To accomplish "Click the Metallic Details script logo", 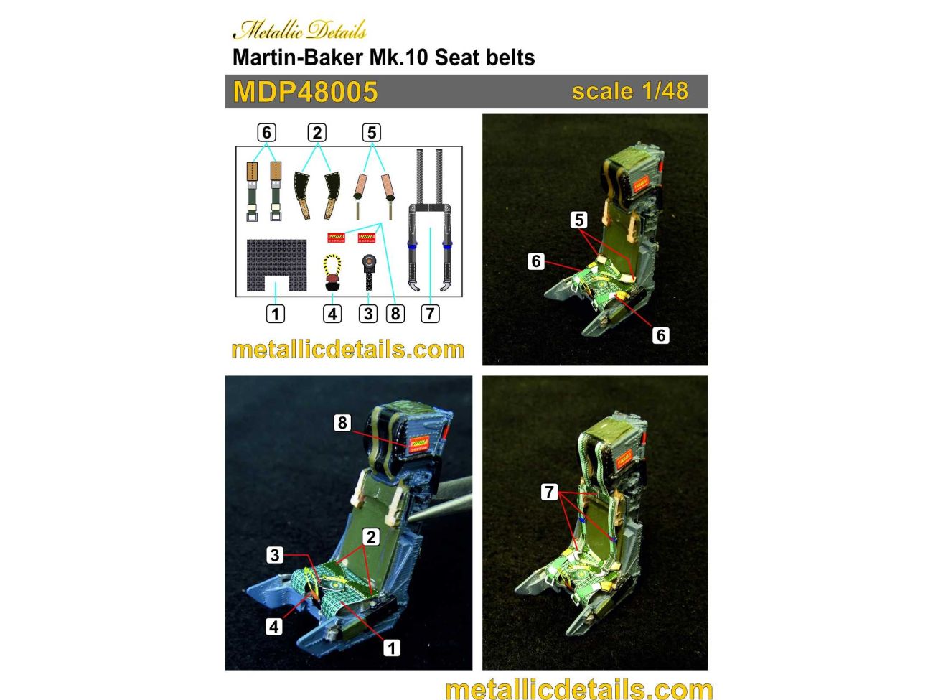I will point(299,30).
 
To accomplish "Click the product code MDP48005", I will point(305,92).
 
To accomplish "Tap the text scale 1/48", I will point(629,91).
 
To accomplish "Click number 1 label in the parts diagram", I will point(275,314).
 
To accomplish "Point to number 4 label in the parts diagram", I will point(332,314).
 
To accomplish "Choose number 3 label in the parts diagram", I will point(368,314).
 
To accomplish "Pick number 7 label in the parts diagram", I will point(430,314).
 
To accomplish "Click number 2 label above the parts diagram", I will point(317,133).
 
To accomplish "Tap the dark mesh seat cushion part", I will point(276,263).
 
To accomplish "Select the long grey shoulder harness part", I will point(429,223).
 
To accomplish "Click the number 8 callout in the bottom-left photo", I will point(342,423).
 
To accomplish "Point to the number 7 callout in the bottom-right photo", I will point(549,492).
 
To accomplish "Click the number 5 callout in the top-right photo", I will point(579,220).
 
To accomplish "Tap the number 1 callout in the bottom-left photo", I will point(391,648).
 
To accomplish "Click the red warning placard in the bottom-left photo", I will point(418,444).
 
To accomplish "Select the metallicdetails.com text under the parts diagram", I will point(347,350).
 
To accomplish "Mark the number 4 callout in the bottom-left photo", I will point(273,626).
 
